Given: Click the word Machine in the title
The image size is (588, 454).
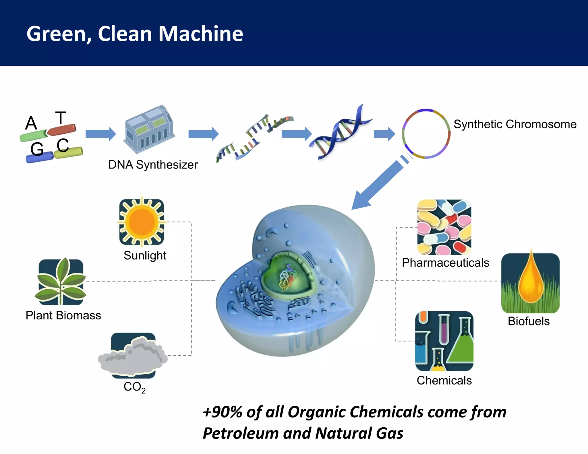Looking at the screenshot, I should coord(201,34).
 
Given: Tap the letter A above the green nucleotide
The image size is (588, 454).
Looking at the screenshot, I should coord(31,123).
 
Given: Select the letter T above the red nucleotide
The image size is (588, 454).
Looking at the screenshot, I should coord(61,118).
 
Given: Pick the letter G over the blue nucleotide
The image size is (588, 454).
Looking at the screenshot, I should coord(37,149).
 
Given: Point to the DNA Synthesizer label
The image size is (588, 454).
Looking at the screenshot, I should coord(153,165).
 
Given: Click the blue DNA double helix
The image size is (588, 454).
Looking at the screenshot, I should coord(340,132).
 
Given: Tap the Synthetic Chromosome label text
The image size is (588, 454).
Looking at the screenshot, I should coord(515,124).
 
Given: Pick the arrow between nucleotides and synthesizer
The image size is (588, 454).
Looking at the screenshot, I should coord(100,134).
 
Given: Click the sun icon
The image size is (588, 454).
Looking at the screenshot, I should coord(142,222).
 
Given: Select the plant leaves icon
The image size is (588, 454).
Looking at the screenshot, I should coord(61,281).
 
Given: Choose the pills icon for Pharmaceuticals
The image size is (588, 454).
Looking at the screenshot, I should coord(444,227).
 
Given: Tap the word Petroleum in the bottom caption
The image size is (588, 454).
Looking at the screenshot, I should coord(240,433).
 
